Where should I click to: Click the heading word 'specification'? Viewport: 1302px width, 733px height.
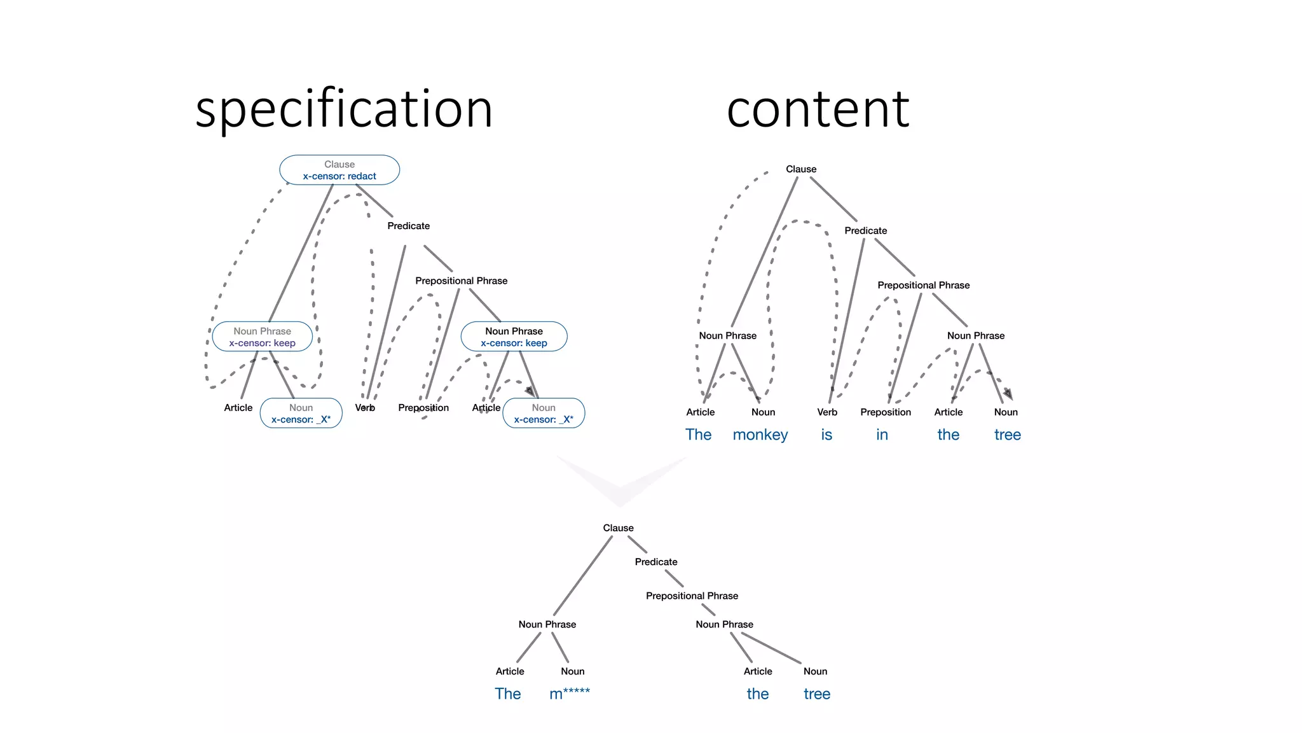coord(344,109)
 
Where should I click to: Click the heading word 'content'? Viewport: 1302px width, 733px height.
coord(818,109)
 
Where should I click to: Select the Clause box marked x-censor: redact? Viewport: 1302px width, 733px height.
coord(339,170)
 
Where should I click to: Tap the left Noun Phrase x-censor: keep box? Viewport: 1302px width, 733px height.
coord(262,337)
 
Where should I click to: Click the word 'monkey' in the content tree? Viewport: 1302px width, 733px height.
coord(760,435)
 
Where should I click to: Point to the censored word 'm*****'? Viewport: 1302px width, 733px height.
coord(569,694)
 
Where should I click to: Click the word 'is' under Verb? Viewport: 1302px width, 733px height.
coord(826,435)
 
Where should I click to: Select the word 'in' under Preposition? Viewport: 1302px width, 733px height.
coord(882,435)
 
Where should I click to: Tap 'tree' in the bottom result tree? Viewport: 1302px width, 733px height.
coord(816,694)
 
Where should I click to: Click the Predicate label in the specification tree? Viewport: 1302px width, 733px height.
coord(408,226)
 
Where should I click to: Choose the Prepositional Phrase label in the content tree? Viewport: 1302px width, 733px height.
coord(923,285)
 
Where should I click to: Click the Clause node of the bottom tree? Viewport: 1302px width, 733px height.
coord(618,528)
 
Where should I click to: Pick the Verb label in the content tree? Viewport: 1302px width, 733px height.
coord(826,412)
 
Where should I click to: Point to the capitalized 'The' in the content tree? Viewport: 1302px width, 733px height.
coord(698,435)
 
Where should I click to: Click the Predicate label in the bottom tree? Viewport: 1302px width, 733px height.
coord(655,562)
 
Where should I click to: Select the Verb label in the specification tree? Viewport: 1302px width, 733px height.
coord(365,408)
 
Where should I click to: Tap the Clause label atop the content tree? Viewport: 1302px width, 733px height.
coord(800,169)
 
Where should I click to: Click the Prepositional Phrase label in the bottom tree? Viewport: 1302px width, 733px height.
coord(692,596)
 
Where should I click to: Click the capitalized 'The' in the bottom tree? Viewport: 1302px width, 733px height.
coord(507,694)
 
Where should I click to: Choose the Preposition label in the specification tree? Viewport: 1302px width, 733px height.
coord(423,408)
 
